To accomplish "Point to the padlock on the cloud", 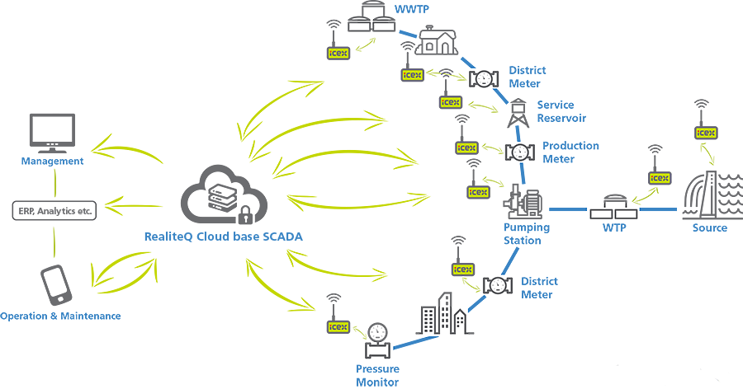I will (245, 216).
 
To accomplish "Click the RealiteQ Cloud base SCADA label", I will (222, 237).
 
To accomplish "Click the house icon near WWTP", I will (433, 40).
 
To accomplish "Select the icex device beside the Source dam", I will (705, 132).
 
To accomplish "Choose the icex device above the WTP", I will (659, 178).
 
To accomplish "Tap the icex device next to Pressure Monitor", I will (337, 327).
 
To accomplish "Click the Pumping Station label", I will (523, 234).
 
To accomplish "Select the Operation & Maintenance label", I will (60, 316).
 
